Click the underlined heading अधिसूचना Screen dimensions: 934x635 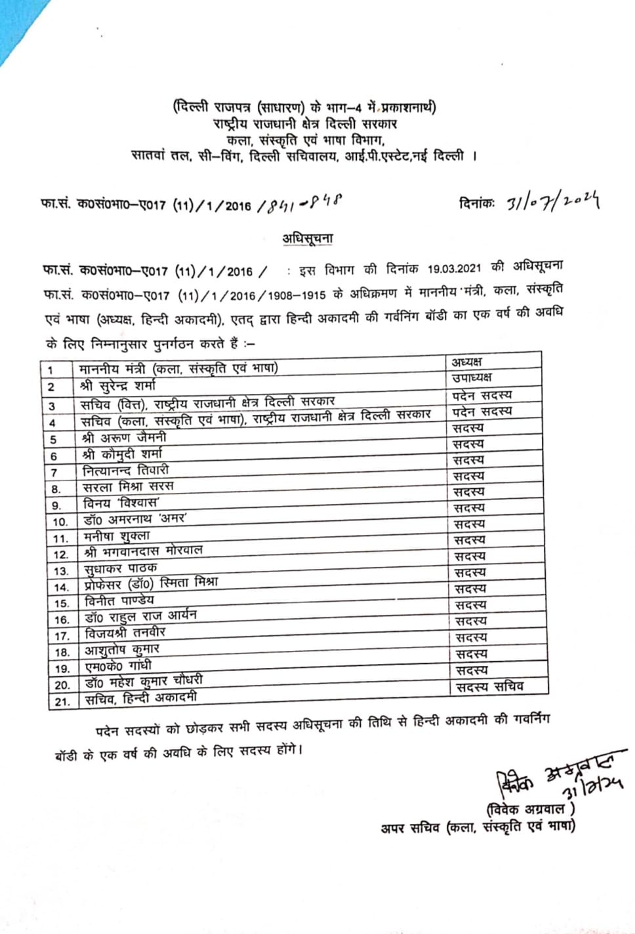[x=307, y=239]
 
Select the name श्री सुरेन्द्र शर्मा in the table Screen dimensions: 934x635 [x=119, y=385]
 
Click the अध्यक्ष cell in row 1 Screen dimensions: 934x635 [x=466, y=362]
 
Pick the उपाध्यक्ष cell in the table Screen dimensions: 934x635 [x=472, y=378]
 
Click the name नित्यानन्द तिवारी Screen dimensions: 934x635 [x=126, y=470]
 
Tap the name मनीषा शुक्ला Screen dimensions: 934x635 [x=117, y=536]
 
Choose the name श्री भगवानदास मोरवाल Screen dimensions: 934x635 [x=144, y=552]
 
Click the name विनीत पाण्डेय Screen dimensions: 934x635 [x=120, y=600]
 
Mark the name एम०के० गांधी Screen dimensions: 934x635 [x=118, y=666]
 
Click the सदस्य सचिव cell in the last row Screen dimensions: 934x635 [x=490, y=686]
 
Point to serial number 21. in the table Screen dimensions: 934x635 [x=62, y=701]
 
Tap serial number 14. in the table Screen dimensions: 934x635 [x=61, y=587]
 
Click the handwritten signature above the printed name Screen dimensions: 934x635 [x=558, y=777]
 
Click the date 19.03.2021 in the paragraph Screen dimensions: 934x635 [x=454, y=269]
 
